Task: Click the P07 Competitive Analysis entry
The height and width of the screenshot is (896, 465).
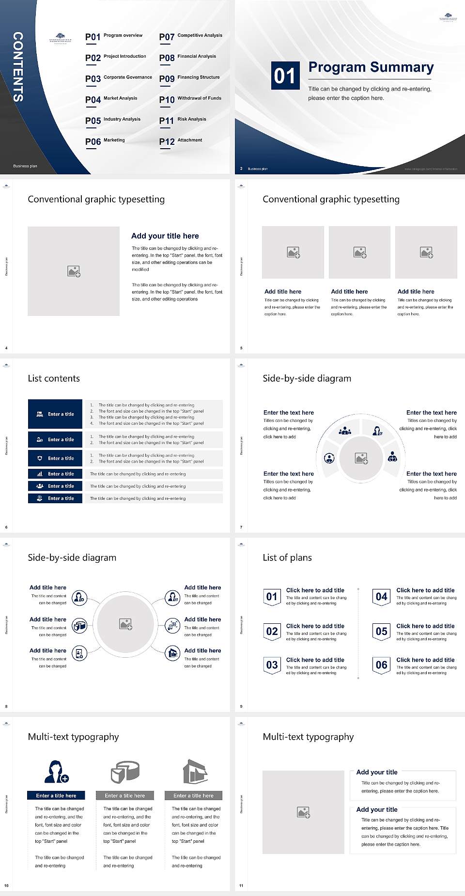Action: click(190, 36)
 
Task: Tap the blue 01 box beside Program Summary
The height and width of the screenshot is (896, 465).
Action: click(284, 76)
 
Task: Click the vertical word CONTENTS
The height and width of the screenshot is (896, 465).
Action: click(18, 67)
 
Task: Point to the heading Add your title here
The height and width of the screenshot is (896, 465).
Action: click(165, 236)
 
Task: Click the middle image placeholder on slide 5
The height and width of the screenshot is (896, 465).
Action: click(359, 252)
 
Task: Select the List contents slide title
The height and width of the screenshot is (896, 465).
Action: click(54, 378)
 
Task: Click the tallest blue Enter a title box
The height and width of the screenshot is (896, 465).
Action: click(55, 414)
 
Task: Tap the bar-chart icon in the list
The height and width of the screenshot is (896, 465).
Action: click(40, 474)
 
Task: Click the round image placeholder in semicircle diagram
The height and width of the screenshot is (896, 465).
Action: click(361, 458)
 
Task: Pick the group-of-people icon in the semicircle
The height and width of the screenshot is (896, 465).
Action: click(345, 430)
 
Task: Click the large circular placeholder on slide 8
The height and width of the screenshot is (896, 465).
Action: click(126, 624)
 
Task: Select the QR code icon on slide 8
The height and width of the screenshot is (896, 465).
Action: click(173, 625)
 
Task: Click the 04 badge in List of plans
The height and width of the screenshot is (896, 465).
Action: click(381, 597)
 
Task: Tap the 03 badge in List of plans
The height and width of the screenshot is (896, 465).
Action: click(272, 665)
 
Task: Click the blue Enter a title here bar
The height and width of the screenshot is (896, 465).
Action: click(56, 795)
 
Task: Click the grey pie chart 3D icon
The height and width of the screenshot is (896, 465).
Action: click(125, 772)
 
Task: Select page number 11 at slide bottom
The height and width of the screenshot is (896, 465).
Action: click(241, 885)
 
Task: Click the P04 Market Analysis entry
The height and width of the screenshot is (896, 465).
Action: click(111, 99)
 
